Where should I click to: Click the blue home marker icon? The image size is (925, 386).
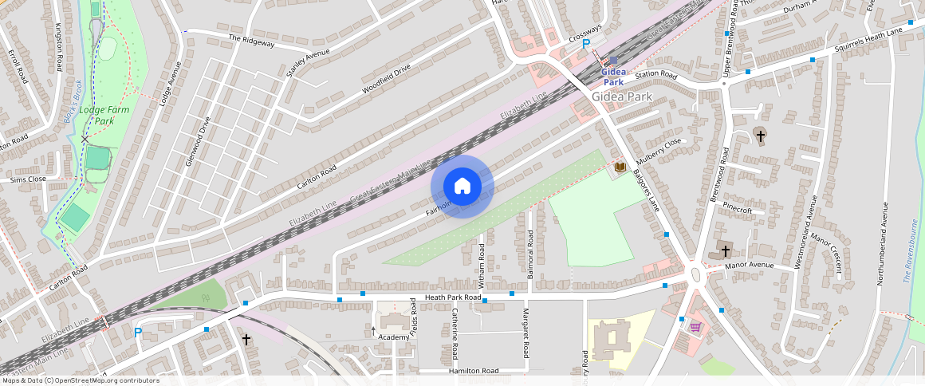(x=462, y=187)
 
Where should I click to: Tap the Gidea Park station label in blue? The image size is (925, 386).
(x=613, y=77)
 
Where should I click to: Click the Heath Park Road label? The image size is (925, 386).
(x=453, y=297)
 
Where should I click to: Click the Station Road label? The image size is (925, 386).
(x=655, y=76)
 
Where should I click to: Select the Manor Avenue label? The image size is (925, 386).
(x=750, y=265)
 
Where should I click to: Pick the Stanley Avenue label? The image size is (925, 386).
(x=308, y=63)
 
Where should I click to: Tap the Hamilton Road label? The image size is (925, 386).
(x=473, y=371)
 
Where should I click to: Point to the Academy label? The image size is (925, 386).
(x=394, y=337)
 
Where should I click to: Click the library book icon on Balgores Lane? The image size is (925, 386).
(x=620, y=167)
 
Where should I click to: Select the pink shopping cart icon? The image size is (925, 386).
(x=695, y=326)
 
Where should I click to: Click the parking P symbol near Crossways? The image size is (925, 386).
(x=586, y=45)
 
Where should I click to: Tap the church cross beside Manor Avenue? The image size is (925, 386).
(x=726, y=250)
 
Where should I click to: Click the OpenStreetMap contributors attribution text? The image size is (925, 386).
(x=80, y=380)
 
